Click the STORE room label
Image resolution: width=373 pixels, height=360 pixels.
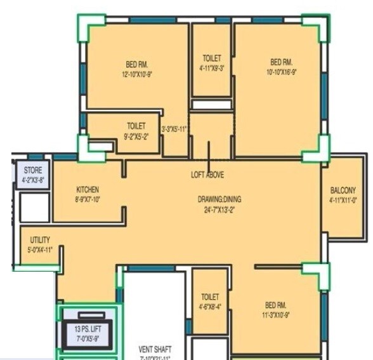(33, 171)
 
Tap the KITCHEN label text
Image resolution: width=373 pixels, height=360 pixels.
(88, 190)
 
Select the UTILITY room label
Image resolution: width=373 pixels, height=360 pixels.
(40, 240)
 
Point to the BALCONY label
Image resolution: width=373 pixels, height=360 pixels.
(343, 190)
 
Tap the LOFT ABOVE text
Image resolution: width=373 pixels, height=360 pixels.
(207, 175)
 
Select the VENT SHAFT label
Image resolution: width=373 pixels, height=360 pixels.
(155, 349)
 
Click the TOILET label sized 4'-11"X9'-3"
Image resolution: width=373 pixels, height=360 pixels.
(212, 58)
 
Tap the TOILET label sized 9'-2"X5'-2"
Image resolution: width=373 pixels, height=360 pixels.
(136, 126)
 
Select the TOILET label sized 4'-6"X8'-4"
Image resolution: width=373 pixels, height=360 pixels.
(210, 297)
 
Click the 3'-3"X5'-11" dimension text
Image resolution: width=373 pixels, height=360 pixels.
(175, 130)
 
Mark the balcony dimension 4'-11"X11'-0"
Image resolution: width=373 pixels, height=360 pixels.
(343, 200)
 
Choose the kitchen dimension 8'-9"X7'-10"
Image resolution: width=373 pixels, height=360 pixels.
(88, 199)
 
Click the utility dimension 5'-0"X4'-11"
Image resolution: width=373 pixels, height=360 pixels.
(40, 250)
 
